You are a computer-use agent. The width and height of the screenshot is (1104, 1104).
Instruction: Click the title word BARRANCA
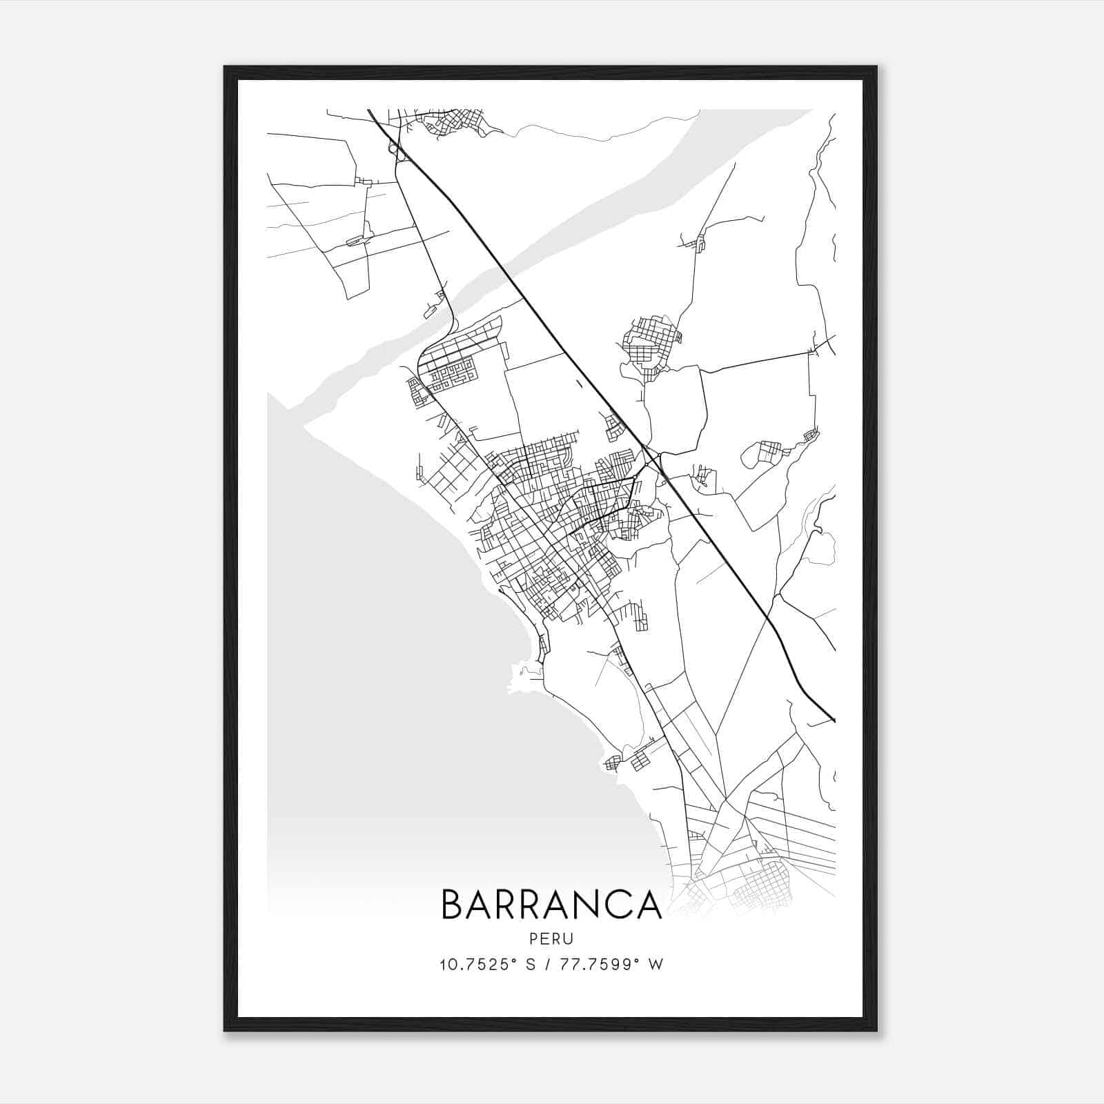point(551,905)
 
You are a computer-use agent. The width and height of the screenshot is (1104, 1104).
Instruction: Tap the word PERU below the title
point(551,939)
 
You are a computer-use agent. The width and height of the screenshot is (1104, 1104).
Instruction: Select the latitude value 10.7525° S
point(488,965)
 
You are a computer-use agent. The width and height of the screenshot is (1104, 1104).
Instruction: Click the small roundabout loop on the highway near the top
point(394,148)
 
